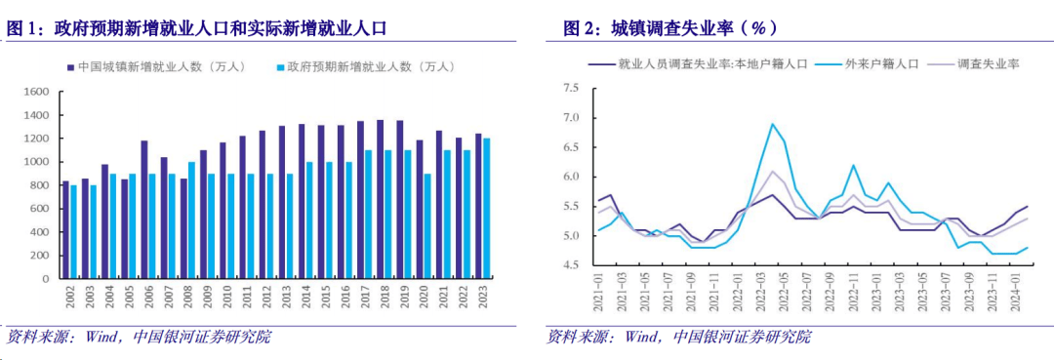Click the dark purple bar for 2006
click(x=144, y=210)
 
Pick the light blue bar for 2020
click(x=426, y=226)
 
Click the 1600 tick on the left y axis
click(x=35, y=92)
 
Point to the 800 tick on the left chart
click(x=38, y=185)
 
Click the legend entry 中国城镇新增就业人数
click(x=161, y=67)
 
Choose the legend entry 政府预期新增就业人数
click(x=372, y=67)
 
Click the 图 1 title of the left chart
click(x=195, y=29)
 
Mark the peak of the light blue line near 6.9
click(x=772, y=124)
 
